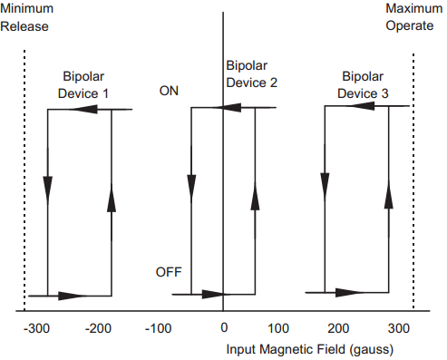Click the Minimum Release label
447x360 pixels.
pos(27,17)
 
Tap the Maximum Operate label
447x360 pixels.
pos(413,17)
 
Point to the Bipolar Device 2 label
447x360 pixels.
pos(251,74)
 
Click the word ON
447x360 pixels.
pos(169,91)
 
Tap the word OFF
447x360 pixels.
pos(170,271)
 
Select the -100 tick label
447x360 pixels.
pos(160,327)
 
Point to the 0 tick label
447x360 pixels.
pos(223,327)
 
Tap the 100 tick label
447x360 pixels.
pos(278,327)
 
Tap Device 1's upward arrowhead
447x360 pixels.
pos(112,200)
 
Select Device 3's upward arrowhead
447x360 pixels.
pos(389,194)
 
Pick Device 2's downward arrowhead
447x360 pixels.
pos(192,185)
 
